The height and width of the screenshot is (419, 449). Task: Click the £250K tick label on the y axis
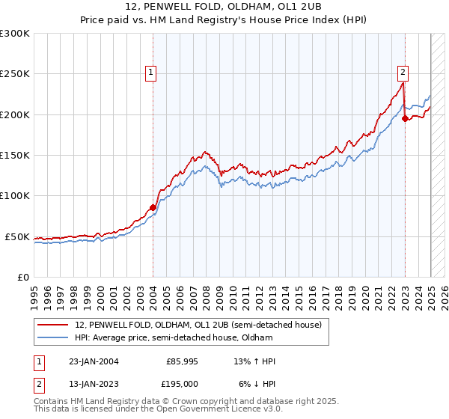pyautogui.click(x=15, y=74)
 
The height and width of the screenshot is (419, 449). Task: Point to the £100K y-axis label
pyautogui.click(x=15, y=196)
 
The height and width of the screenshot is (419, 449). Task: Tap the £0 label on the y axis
pyautogui.click(x=22, y=277)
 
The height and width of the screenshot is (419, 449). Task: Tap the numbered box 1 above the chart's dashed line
pyautogui.click(x=151, y=73)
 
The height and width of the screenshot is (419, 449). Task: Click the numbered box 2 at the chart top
pyautogui.click(x=403, y=73)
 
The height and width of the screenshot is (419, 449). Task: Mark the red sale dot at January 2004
pyautogui.click(x=153, y=207)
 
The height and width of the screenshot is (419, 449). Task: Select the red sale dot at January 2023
pyautogui.click(x=405, y=118)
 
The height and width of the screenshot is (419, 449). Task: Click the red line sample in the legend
pyautogui.click(x=53, y=325)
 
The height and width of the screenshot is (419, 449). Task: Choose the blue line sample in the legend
pyautogui.click(x=53, y=337)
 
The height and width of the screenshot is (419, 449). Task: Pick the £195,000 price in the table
pyautogui.click(x=182, y=383)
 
